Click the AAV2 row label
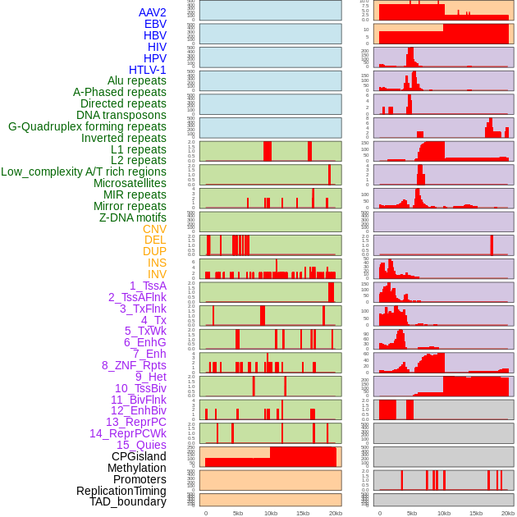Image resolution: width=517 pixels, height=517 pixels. point(152,12)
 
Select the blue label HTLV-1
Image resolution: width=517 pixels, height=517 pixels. point(147,70)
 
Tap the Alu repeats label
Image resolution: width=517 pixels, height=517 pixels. point(136,81)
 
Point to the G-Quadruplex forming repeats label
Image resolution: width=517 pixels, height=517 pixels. point(87,126)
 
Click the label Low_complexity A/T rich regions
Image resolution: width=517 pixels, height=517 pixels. point(83,172)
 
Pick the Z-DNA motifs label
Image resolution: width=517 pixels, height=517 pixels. point(132,217)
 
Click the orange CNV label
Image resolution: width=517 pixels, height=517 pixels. point(154,229)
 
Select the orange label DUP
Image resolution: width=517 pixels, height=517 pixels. point(154,251)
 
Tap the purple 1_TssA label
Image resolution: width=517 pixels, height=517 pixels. point(148,286)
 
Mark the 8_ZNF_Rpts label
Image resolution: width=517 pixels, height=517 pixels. point(134,365)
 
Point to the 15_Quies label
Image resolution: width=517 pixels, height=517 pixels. point(140,445)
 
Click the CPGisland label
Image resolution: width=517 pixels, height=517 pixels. point(139,456)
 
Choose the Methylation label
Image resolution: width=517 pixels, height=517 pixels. point(136,468)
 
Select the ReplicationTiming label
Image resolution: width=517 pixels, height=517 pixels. point(121,491)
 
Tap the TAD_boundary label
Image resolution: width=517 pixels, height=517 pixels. point(127,501)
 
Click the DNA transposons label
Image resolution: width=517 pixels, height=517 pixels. point(121,115)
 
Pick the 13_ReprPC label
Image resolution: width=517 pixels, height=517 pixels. point(135,422)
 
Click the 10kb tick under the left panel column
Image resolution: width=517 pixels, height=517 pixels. point(270,513)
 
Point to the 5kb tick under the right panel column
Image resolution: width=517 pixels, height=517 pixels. point(412,513)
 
